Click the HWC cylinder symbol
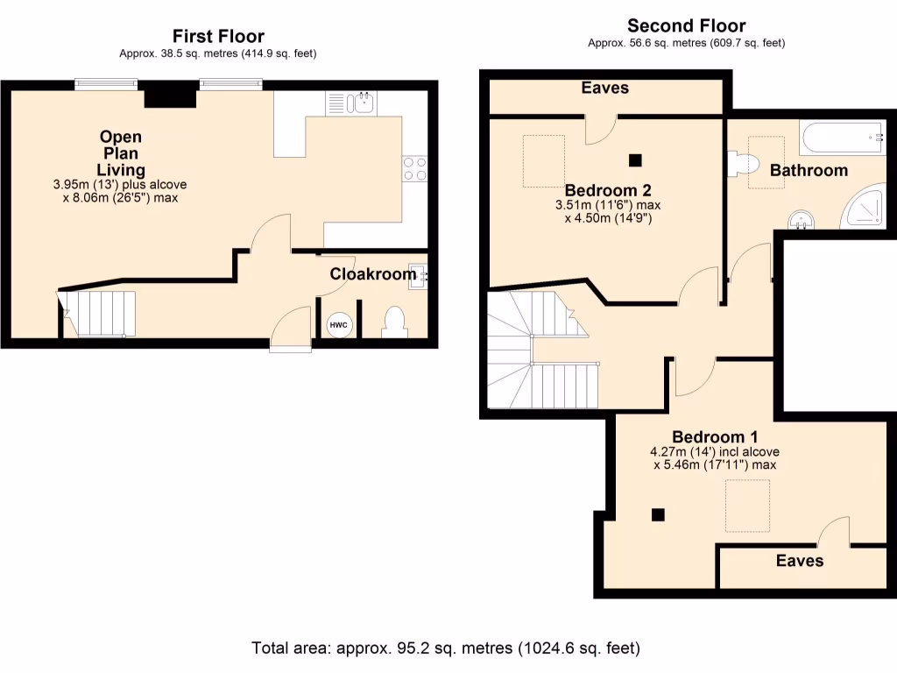[338, 325]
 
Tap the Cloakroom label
[372, 274]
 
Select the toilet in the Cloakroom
[393, 322]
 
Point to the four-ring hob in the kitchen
[414, 168]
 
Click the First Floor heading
[217, 36]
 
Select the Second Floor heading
[686, 25]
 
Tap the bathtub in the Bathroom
[842, 136]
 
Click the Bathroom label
[809, 170]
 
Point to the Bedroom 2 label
[608, 190]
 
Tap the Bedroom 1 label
[715, 437]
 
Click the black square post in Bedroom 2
[635, 159]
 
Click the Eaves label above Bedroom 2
[604, 88]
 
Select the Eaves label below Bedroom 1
[799, 560]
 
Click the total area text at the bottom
[446, 648]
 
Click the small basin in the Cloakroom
[418, 276]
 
